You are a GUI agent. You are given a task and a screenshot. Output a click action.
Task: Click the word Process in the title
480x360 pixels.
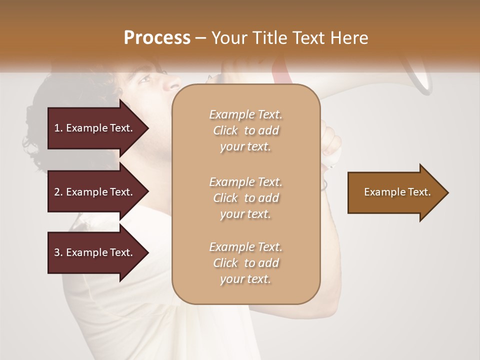(157, 38)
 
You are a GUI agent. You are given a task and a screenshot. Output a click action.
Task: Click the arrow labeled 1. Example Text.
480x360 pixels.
(95, 128)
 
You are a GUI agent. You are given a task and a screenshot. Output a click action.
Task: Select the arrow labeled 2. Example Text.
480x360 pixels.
(95, 192)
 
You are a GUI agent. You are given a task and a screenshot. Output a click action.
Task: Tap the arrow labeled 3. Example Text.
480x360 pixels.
(95, 252)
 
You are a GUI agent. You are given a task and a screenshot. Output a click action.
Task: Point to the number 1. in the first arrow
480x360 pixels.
(58, 128)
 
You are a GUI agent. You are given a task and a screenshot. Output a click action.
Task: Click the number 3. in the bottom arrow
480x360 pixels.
(58, 253)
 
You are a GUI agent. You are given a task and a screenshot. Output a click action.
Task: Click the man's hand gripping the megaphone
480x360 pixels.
(331, 142)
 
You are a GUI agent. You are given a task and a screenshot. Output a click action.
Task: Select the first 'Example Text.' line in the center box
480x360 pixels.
(245, 114)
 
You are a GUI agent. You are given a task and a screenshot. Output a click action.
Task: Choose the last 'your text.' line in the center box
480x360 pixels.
(245, 279)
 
